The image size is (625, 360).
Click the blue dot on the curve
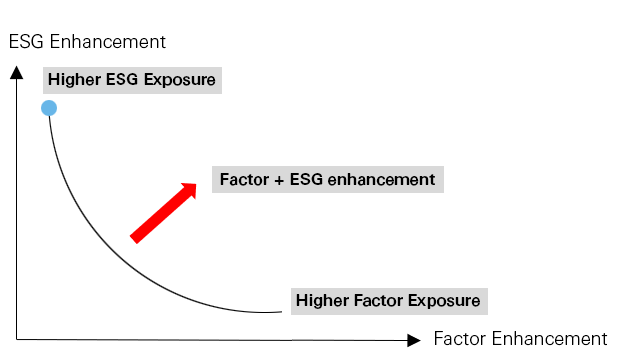(x=48, y=107)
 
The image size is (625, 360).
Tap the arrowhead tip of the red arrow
(x=196, y=183)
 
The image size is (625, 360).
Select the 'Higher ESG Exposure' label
(x=131, y=79)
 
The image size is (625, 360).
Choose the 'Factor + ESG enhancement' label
(x=327, y=180)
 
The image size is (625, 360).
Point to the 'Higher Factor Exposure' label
(x=388, y=300)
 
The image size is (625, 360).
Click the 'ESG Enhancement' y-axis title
(x=87, y=42)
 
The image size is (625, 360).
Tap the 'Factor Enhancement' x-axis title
(x=520, y=338)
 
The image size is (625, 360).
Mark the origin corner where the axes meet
(x=17, y=340)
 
